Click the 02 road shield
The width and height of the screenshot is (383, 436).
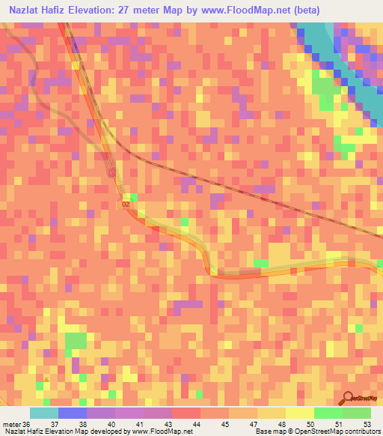click(x=126, y=203)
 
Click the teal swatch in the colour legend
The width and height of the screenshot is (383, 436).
click(x=44, y=413)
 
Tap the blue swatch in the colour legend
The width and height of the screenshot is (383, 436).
click(x=73, y=413)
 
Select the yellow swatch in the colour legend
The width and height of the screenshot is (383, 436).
click(x=300, y=413)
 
